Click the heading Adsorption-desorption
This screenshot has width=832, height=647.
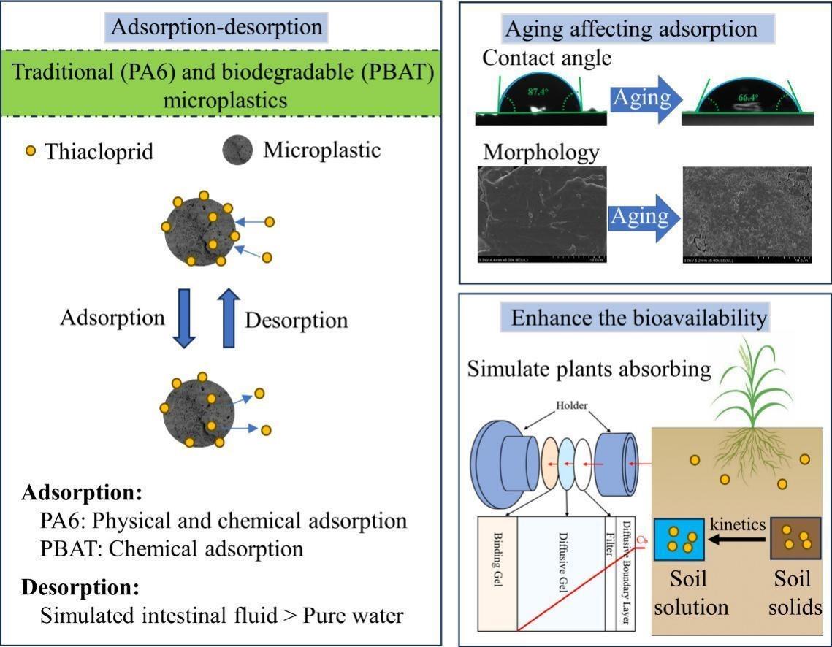[216, 28]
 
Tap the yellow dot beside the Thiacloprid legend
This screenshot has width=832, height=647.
[30, 152]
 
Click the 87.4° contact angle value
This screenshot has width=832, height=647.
[540, 93]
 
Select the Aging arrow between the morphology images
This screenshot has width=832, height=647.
[641, 217]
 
